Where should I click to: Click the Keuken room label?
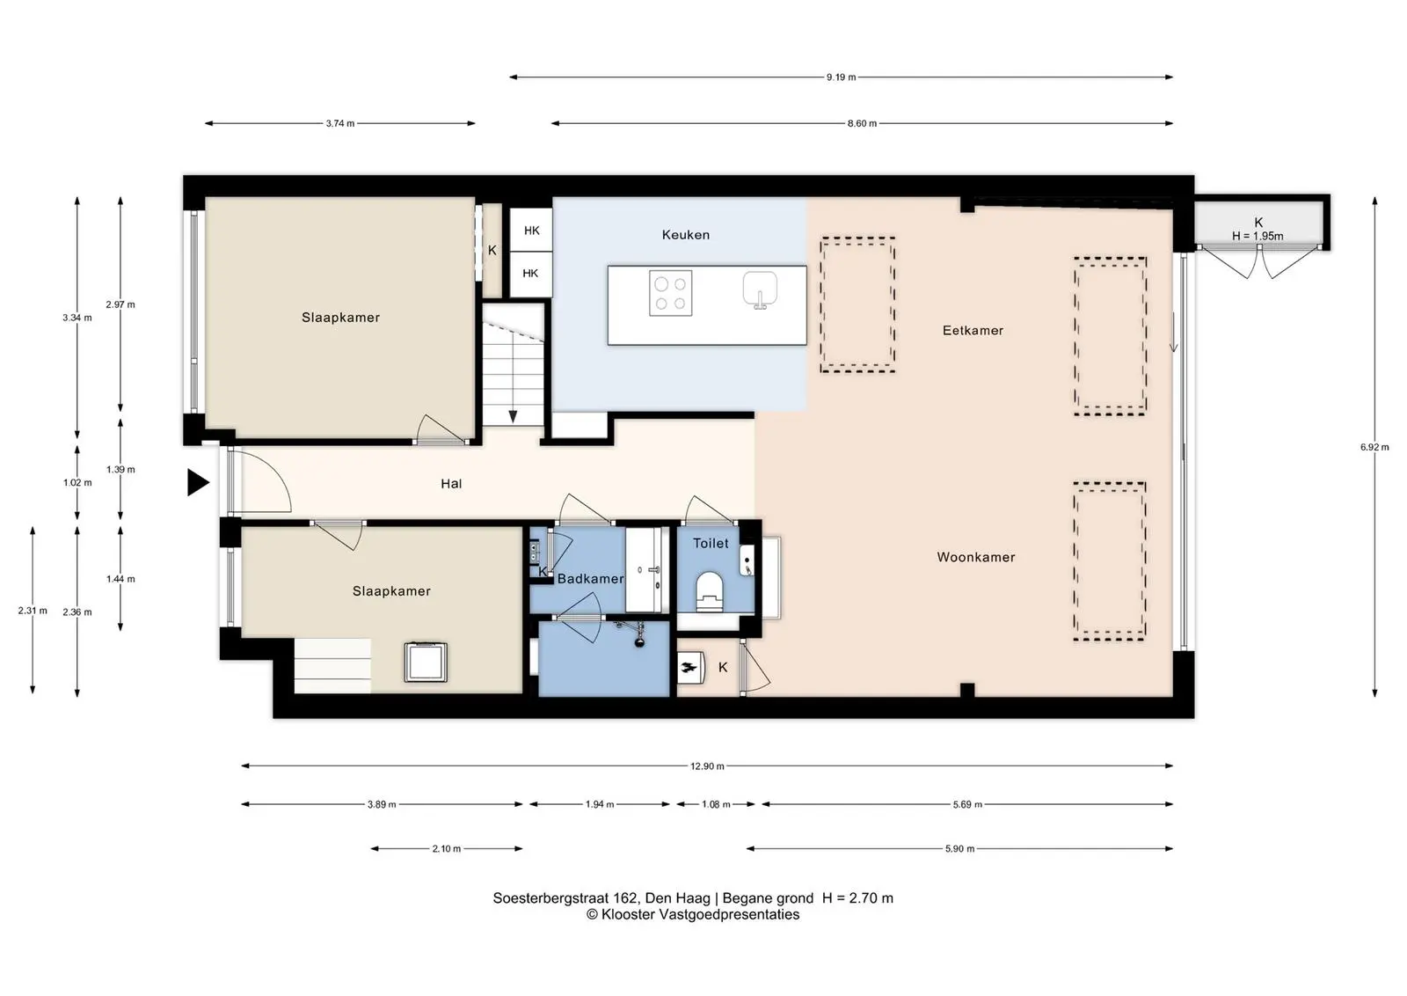pyautogui.click(x=685, y=235)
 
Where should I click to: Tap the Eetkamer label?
pyautogui.click(x=973, y=331)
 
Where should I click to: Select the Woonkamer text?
pyautogui.click(x=975, y=557)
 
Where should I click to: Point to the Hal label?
pyautogui.click(x=451, y=483)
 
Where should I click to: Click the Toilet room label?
pyautogui.click(x=711, y=544)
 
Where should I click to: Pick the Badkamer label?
pyautogui.click(x=590, y=579)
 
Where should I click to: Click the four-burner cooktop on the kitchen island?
pyautogui.click(x=670, y=294)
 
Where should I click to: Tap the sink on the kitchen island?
pyautogui.click(x=760, y=290)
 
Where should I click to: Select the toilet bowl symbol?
pyautogui.click(x=710, y=591)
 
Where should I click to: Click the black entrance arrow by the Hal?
pyautogui.click(x=197, y=483)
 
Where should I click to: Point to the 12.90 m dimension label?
pyautogui.click(x=707, y=766)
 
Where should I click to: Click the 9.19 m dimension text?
pyautogui.click(x=841, y=77)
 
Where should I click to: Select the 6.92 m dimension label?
pyautogui.click(x=1374, y=448)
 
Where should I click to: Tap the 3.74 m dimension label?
pyautogui.click(x=339, y=124)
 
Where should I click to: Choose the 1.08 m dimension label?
pyautogui.click(x=716, y=804)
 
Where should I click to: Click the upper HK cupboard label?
pyautogui.click(x=531, y=231)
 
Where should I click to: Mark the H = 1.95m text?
pyautogui.click(x=1258, y=237)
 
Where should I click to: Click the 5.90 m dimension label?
pyautogui.click(x=959, y=849)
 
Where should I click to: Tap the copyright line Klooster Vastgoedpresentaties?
pyautogui.click(x=693, y=915)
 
